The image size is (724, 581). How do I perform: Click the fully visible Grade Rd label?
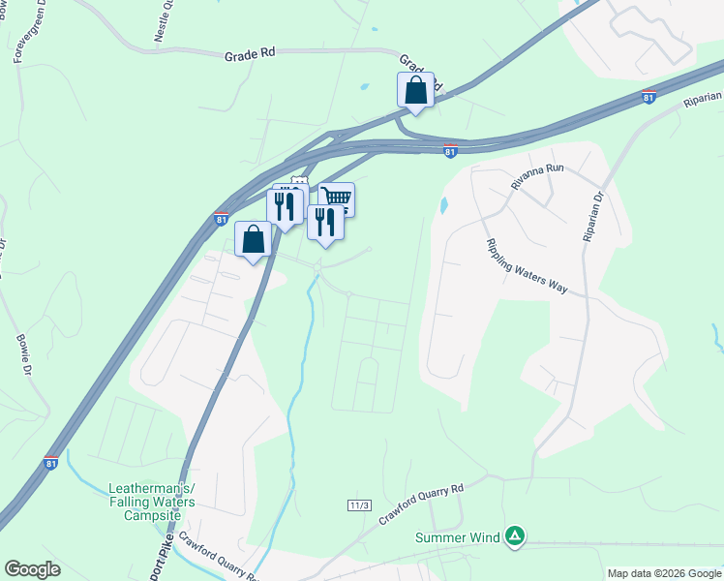point(251,55)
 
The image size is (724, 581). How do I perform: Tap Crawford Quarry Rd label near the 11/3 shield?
point(422,504)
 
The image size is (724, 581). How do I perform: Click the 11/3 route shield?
point(359,505)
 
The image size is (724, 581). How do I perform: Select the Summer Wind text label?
point(458,537)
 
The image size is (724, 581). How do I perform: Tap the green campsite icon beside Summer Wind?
point(516,535)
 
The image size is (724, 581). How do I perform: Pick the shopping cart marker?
point(337,199)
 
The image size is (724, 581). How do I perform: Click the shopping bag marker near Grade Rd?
point(415,90)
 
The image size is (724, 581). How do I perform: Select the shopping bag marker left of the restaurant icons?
point(253,239)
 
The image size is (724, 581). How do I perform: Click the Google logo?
point(33,569)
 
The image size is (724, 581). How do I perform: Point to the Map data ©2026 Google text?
point(662,573)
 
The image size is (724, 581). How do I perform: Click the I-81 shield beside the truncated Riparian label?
point(649,97)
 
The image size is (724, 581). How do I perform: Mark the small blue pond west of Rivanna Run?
point(443,205)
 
